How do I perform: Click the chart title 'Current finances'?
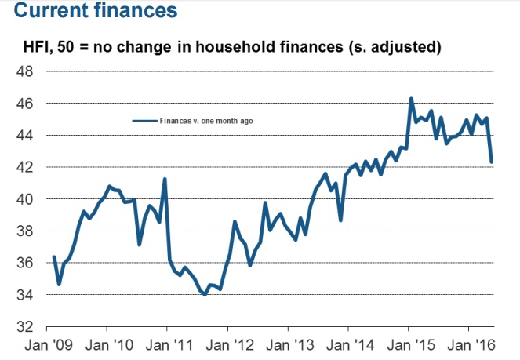tap(89, 13)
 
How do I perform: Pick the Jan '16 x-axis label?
tap(468, 344)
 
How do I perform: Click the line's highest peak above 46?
tap(411, 99)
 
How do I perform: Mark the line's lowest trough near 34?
tap(205, 295)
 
